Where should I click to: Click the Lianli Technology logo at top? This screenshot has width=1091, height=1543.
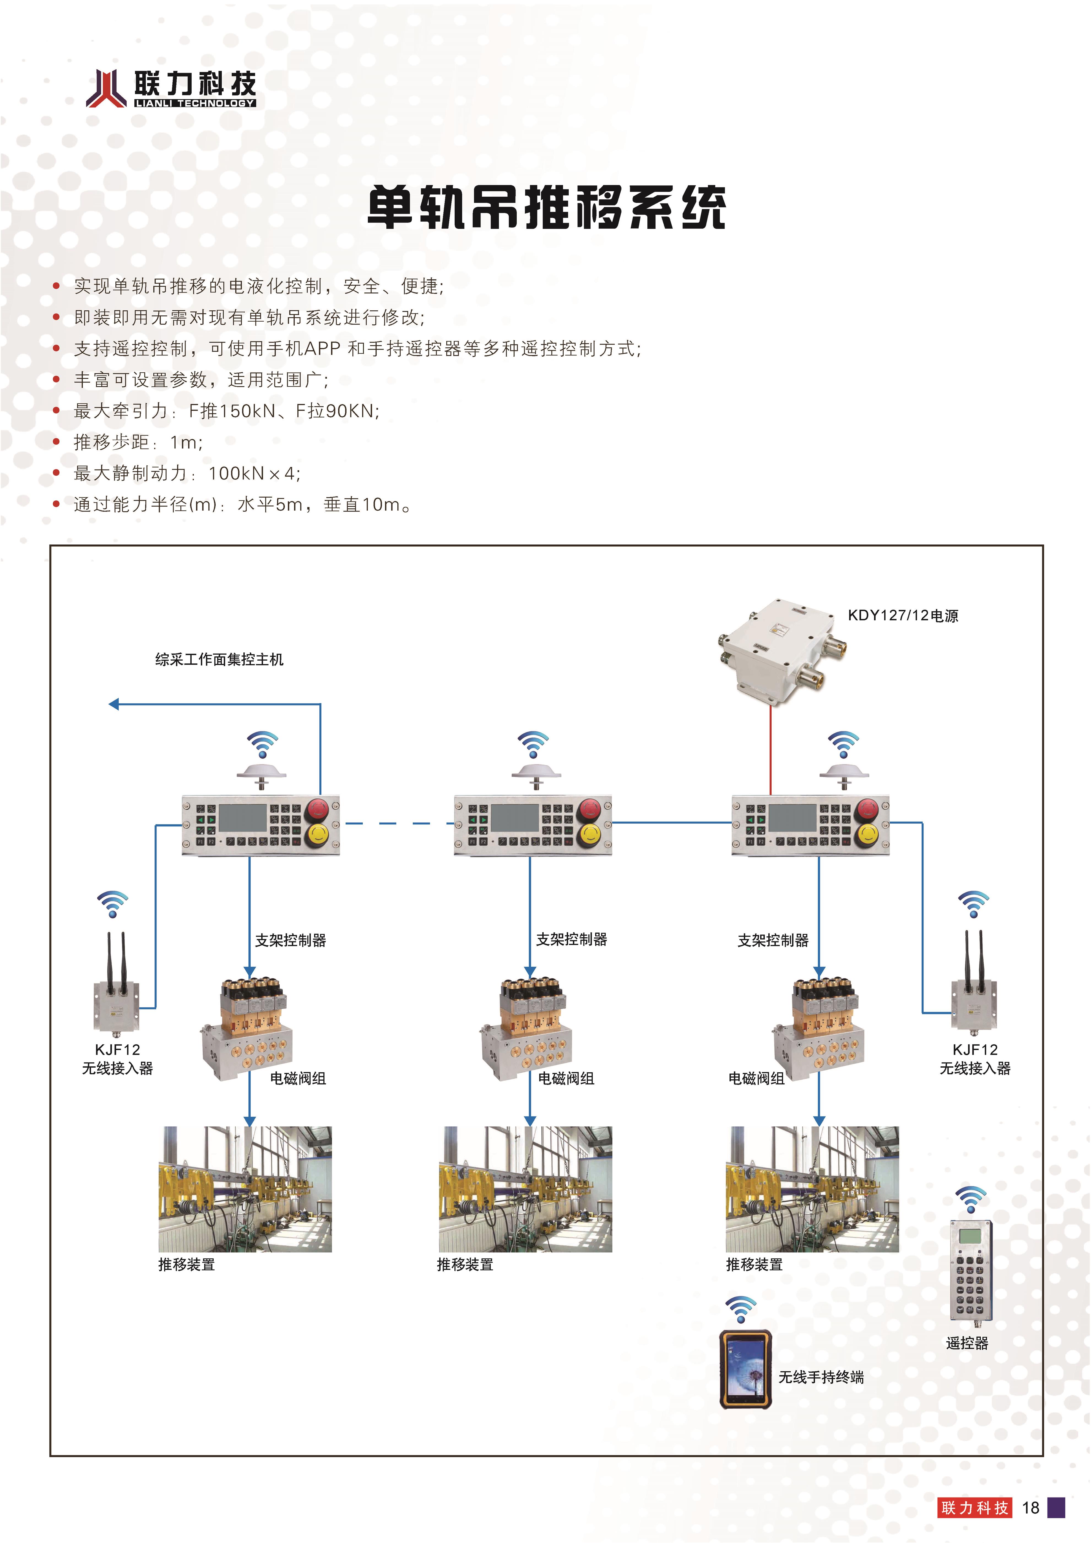click(x=171, y=89)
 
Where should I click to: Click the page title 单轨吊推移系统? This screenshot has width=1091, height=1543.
click(x=546, y=207)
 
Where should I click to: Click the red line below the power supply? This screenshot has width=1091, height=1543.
click(x=770, y=749)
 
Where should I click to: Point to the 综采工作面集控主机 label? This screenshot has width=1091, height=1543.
click(x=219, y=659)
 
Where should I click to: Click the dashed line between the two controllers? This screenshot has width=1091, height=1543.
click(x=396, y=823)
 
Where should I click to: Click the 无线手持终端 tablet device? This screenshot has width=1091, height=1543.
click(x=745, y=1370)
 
